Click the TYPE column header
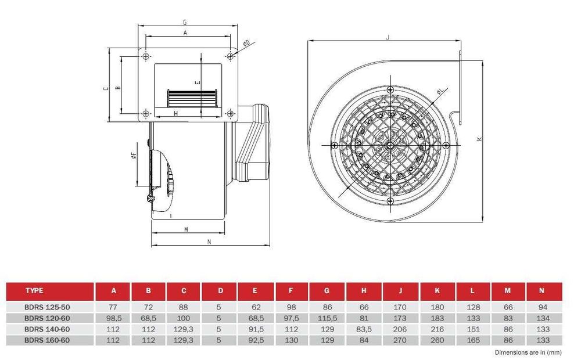coord(34,291)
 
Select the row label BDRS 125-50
coord(47,307)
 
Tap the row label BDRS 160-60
coord(47,340)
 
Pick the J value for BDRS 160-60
coord(400,340)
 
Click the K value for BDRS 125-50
coord(437,307)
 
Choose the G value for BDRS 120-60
coord(327,318)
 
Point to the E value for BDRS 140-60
coord(254,329)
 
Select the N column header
coord(541,291)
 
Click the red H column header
coord(364,291)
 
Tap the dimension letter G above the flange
coord(185,23)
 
